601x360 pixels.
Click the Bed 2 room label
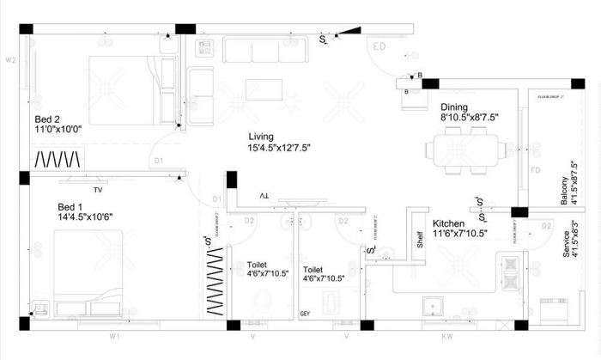tap(47, 119)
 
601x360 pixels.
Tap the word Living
tap(261, 137)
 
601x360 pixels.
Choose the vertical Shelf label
tap(420, 239)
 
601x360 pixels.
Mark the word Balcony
tap(565, 190)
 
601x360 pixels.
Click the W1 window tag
tap(113, 337)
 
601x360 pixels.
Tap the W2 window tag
tap(11, 60)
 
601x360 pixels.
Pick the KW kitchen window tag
tap(446, 337)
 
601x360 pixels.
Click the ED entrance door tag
tap(379, 46)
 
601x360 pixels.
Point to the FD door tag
tap(535, 170)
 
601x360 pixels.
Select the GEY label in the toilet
tap(305, 314)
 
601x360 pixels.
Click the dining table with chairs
tap(465, 150)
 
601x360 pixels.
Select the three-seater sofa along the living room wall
tap(264, 49)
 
